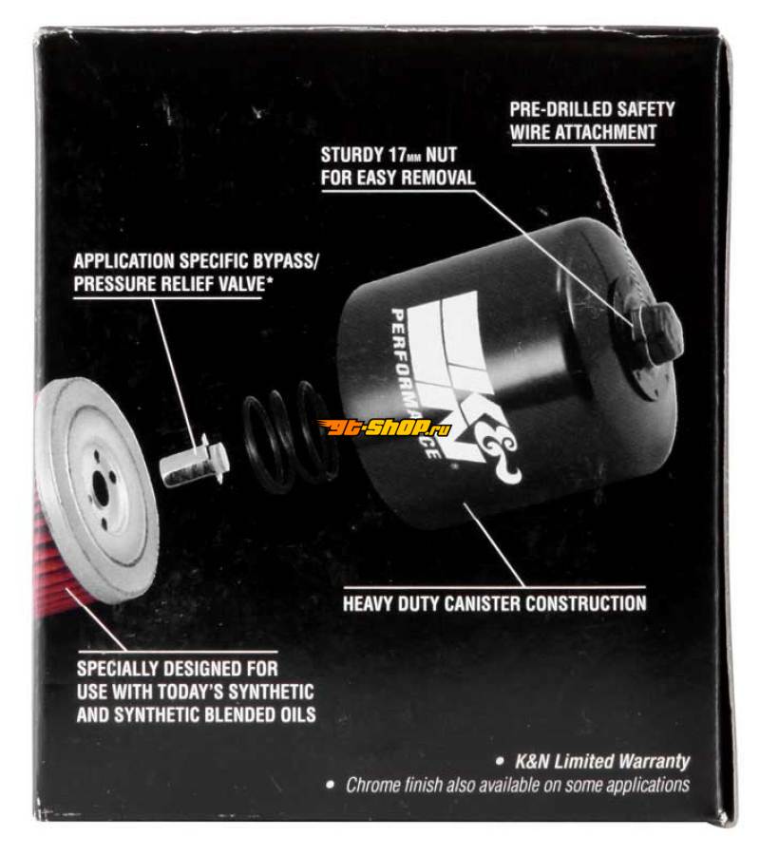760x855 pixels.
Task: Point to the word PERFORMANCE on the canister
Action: click(413, 382)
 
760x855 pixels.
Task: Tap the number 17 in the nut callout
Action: click(397, 155)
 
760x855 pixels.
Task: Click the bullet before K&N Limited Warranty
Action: click(500, 762)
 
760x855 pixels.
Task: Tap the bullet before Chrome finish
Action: click(330, 786)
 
